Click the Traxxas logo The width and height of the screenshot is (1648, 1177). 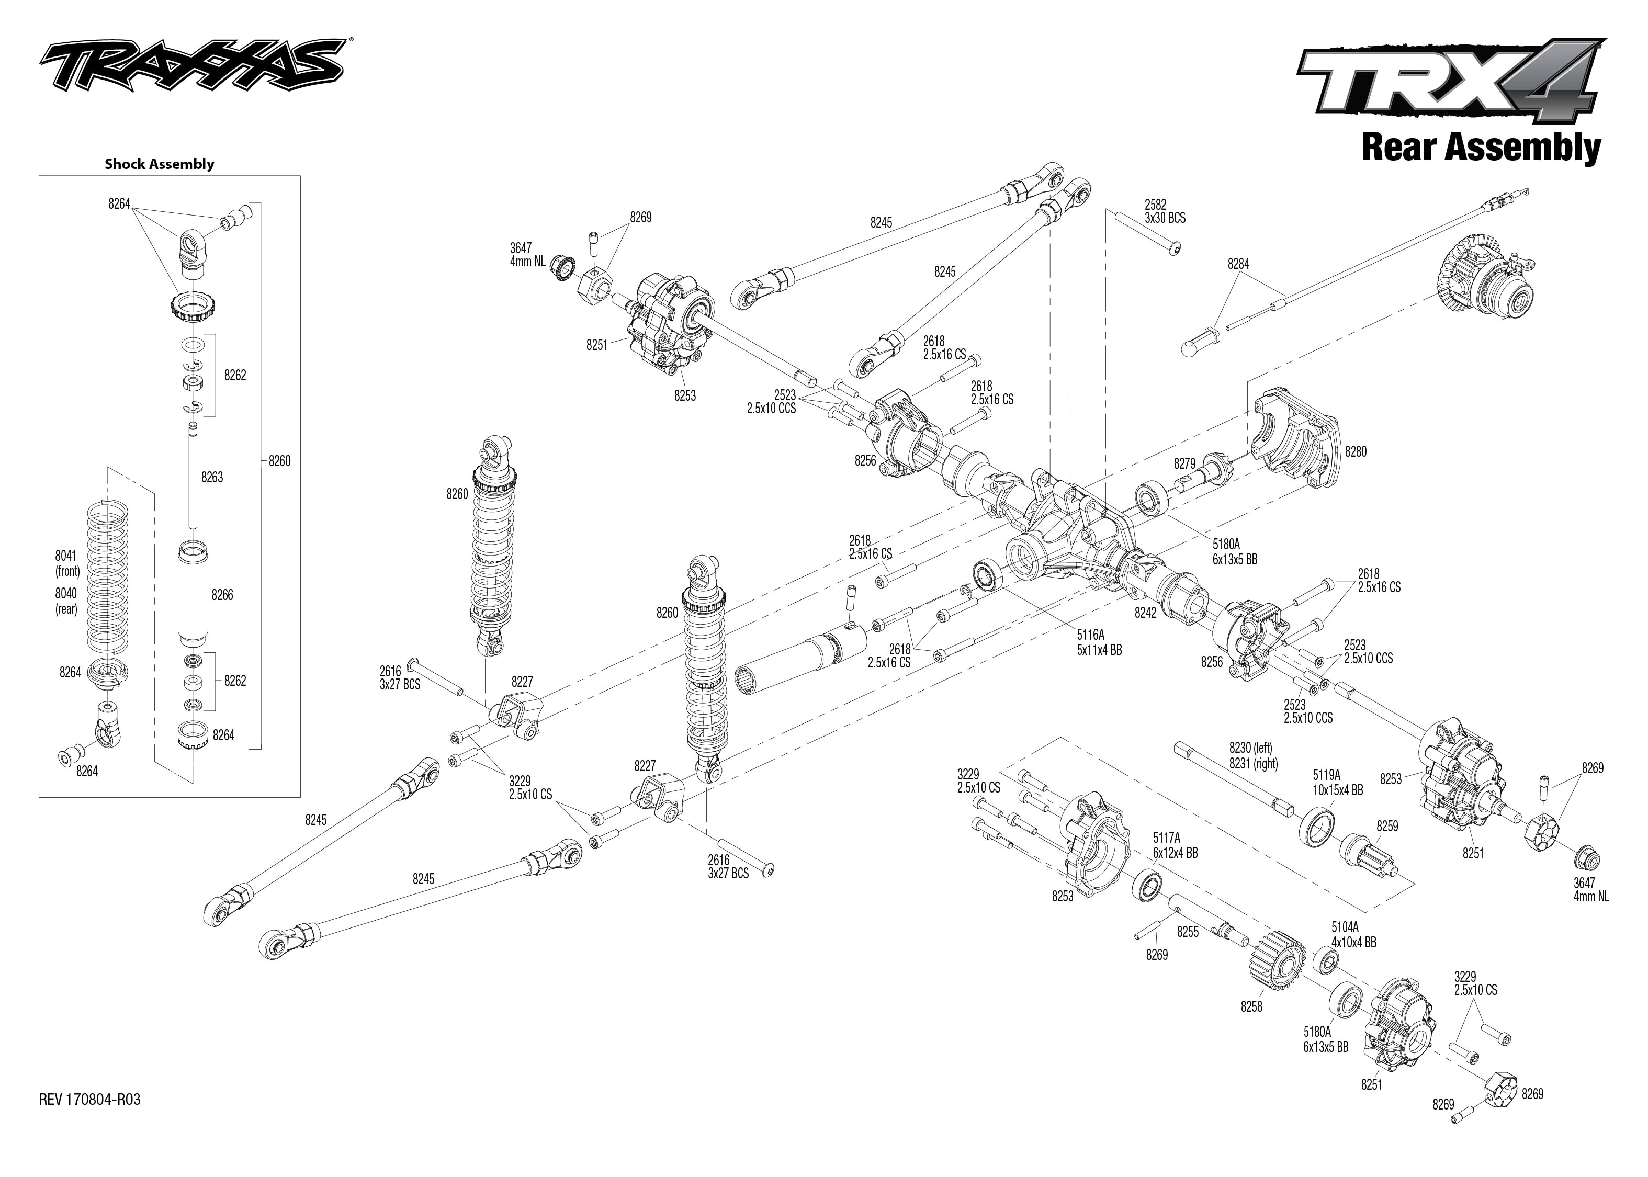click(192, 66)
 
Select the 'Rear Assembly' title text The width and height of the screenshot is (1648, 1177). click(1481, 147)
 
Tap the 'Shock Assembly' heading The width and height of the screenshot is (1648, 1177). click(160, 164)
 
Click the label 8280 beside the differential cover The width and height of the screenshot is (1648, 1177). click(1355, 451)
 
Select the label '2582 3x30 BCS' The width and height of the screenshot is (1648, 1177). click(1165, 211)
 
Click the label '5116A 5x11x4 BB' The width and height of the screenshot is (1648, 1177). click(1099, 643)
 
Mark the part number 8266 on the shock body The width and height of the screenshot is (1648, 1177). click(222, 595)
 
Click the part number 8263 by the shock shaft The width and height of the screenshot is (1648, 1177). click(212, 477)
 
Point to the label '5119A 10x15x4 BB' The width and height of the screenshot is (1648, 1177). click(1338, 783)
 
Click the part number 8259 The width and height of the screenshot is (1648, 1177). click(1387, 826)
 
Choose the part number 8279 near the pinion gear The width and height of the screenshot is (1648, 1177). click(1184, 463)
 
